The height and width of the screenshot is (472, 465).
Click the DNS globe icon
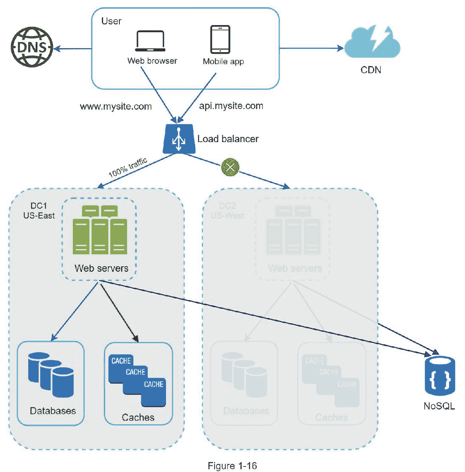point(32,48)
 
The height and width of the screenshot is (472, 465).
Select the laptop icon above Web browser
point(150,41)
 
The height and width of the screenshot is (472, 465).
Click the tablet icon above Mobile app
point(220,39)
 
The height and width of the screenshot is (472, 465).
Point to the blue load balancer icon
point(179,139)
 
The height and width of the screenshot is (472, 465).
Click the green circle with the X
point(230,167)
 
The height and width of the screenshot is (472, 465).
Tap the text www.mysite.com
point(115,107)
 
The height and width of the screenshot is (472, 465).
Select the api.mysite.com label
point(231,106)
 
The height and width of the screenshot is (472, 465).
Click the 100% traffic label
point(128,167)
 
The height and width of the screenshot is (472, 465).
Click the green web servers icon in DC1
point(100,230)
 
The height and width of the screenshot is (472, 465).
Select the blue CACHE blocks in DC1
point(137,380)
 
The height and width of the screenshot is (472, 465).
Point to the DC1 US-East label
point(39,211)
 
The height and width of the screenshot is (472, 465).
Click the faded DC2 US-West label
point(227,211)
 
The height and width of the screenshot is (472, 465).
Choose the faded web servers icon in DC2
point(293,230)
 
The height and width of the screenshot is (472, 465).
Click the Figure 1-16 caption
point(232,466)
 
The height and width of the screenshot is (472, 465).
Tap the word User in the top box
point(111,21)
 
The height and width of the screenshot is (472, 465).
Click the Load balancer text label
point(228,139)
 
